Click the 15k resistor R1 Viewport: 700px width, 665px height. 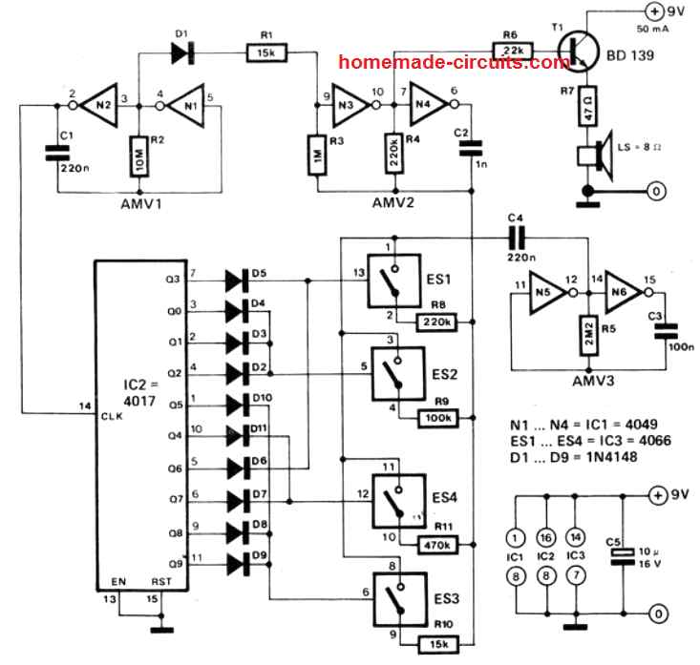coord(266,52)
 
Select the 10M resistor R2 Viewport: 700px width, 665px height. coord(138,156)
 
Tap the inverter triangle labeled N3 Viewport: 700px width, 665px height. coord(350,106)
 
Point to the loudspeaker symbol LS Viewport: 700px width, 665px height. coord(596,156)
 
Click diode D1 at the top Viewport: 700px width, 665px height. coord(182,53)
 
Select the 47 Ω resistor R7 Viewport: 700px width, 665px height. coord(588,107)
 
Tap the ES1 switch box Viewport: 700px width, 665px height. coord(393,281)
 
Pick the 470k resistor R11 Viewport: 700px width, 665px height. coord(437,545)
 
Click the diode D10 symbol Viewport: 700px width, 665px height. coord(237,405)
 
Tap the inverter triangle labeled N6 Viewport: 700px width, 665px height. coord(624,292)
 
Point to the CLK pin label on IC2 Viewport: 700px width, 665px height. coord(112,416)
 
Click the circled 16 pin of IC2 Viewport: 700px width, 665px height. coord(546,538)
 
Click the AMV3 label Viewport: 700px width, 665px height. coord(593,381)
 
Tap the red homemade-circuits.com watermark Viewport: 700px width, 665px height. coord(454,62)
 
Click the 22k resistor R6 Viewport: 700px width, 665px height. coord(513,51)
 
